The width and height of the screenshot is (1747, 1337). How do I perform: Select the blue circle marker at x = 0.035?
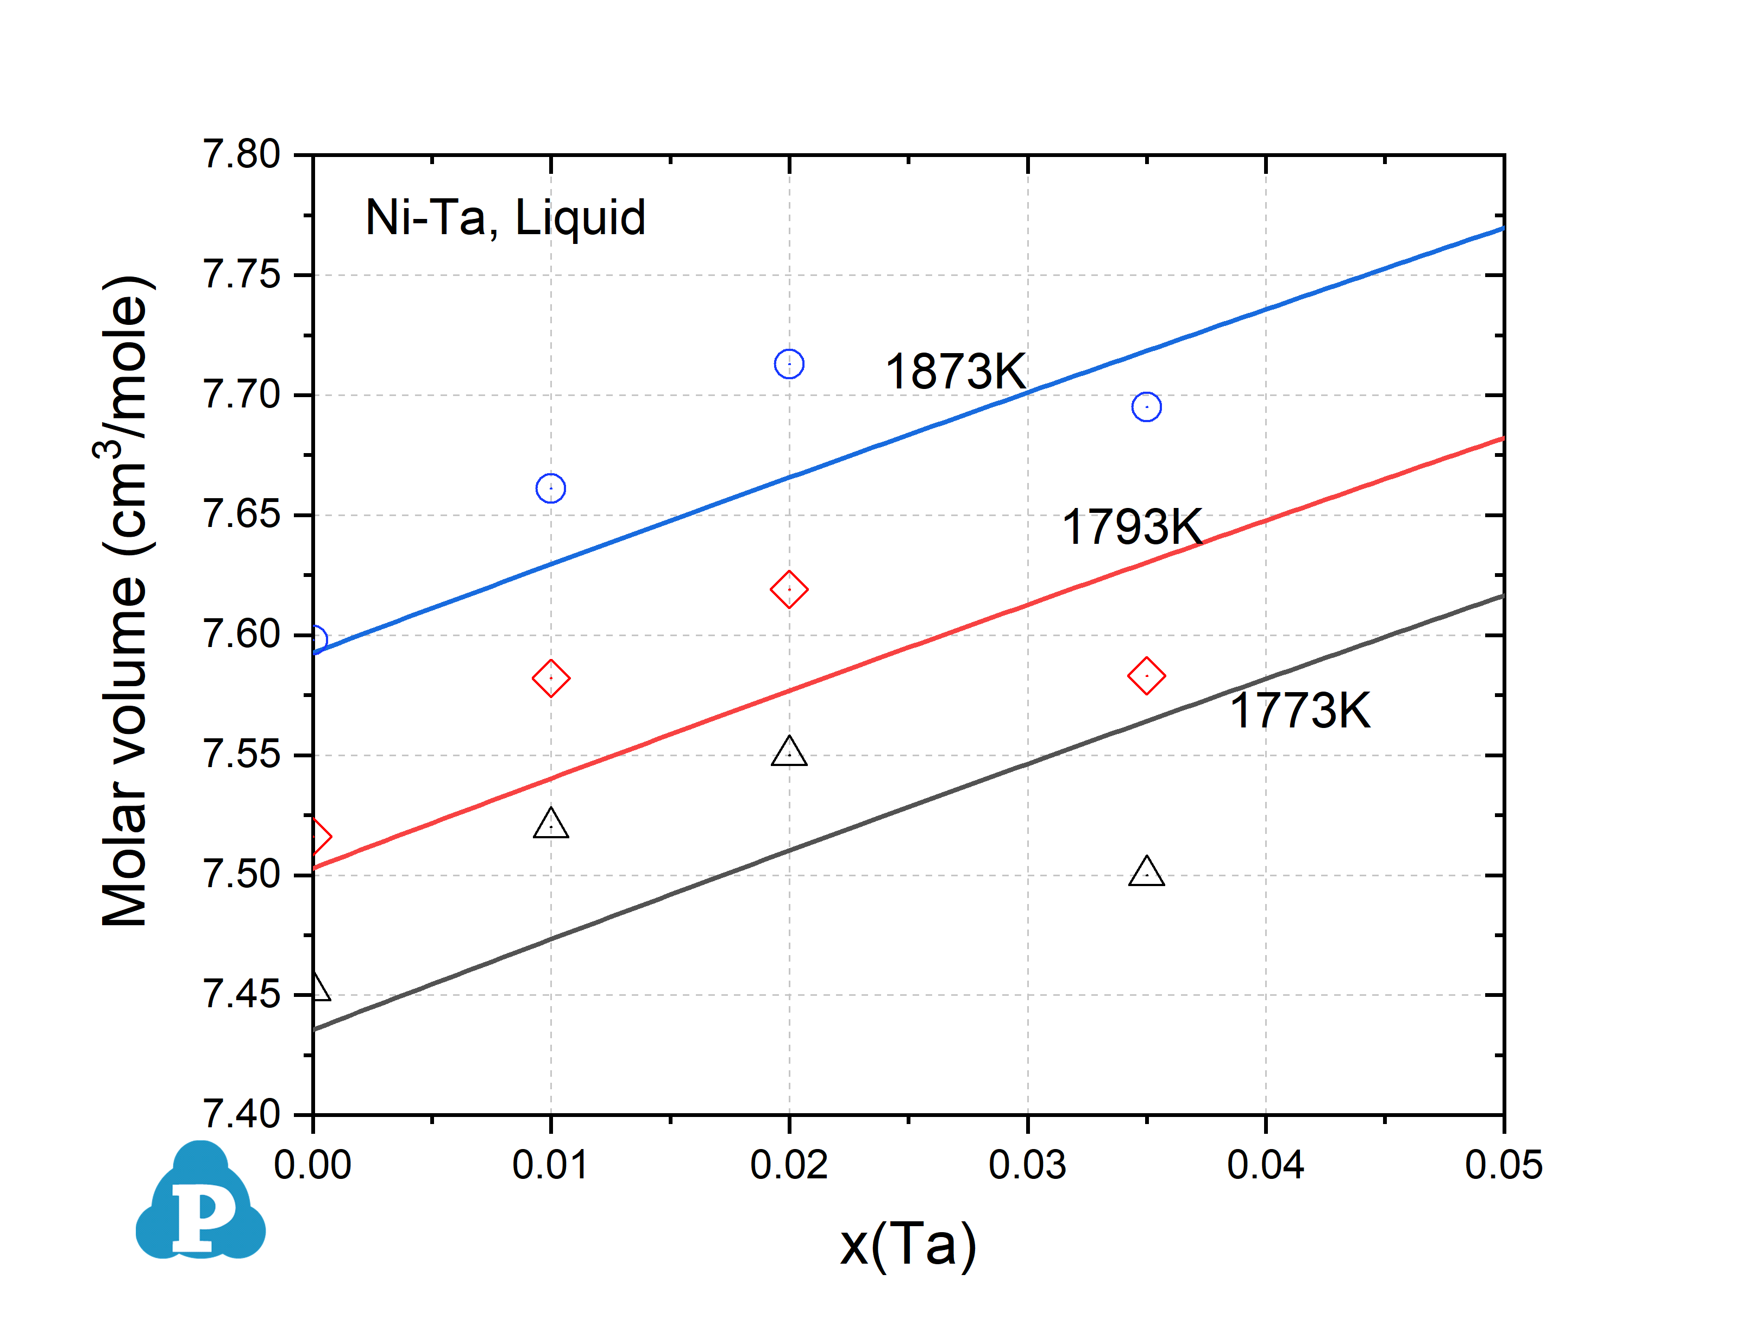pos(1146,407)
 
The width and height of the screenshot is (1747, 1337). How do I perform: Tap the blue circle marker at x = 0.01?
pos(550,488)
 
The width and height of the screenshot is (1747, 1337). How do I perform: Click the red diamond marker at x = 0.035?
pos(1146,676)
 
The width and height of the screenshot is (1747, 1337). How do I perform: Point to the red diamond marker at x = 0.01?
pos(550,678)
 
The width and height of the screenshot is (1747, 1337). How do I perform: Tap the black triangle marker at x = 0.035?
pos(1146,873)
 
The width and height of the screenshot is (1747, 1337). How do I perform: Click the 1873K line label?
pos(956,372)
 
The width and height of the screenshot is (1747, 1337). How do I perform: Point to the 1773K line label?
pos(1300,711)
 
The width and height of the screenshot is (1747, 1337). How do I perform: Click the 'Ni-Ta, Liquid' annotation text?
pos(505,217)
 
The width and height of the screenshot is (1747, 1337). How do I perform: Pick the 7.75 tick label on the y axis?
pos(242,275)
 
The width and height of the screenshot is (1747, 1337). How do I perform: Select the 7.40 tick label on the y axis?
pos(242,1114)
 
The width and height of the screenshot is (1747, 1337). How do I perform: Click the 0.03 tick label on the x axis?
pos(1027,1166)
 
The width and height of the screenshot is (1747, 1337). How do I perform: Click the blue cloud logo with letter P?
pos(200,1203)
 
